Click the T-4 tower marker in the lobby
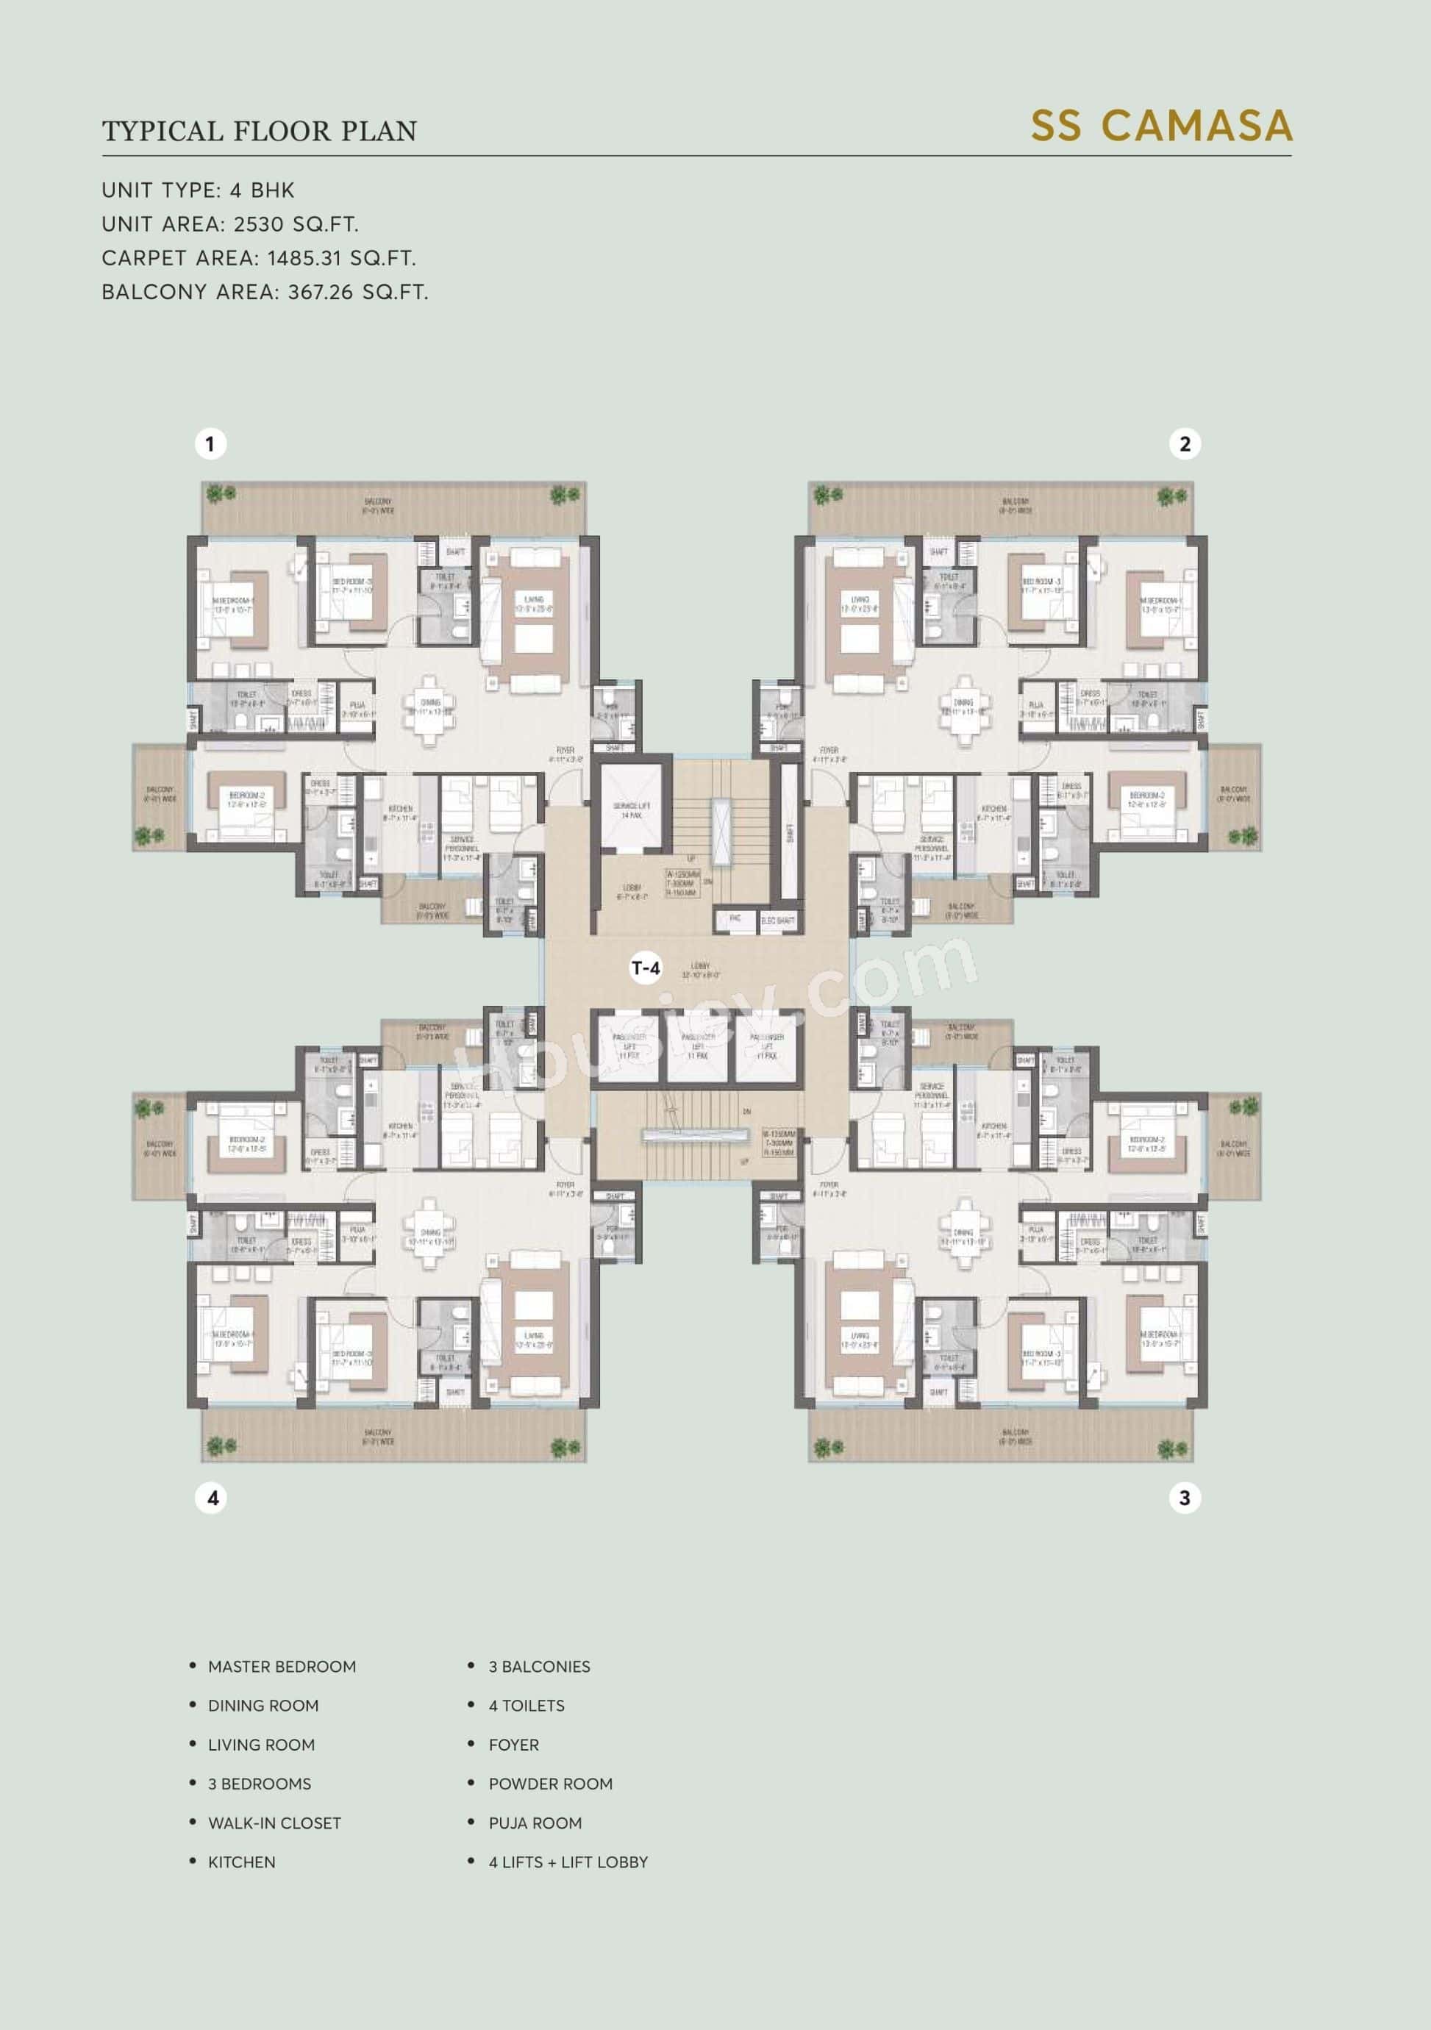[x=646, y=968]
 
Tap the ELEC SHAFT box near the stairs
[x=777, y=921]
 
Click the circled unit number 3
[x=1184, y=1498]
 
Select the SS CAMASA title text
[x=1161, y=126]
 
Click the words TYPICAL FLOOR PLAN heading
[x=259, y=132]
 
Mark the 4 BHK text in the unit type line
[x=262, y=190]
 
